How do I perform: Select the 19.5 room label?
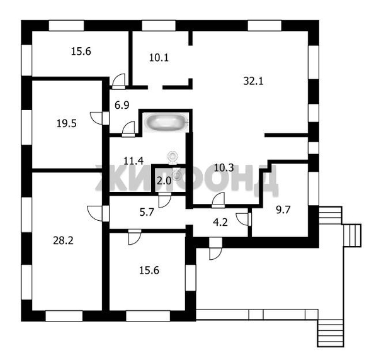(x=66, y=123)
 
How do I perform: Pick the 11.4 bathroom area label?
(x=133, y=160)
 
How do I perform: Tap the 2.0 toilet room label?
(x=164, y=181)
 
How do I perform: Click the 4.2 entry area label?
(x=220, y=221)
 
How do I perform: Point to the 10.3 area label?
(x=224, y=167)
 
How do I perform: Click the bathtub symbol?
(x=164, y=122)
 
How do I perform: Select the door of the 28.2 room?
(x=94, y=212)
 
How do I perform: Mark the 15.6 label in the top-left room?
(x=81, y=52)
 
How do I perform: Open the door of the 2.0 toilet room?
(x=165, y=201)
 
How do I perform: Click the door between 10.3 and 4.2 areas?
(x=218, y=201)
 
